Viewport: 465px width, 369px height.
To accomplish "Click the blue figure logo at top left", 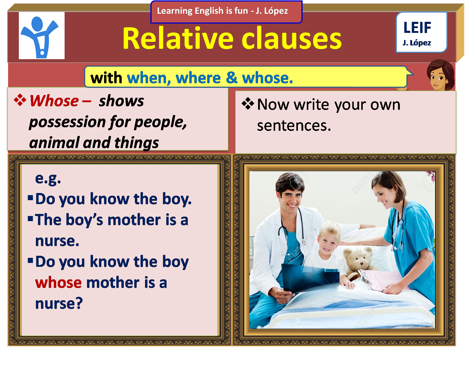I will tap(42, 36).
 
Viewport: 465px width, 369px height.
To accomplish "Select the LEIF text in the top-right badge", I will tap(417, 28).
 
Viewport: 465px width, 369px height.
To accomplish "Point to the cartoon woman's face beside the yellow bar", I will tap(438, 78).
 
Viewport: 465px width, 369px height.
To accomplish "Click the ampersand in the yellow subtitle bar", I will tap(231, 78).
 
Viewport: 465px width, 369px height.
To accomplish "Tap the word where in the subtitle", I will tap(198, 78).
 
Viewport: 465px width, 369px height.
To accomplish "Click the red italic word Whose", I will tap(54, 101).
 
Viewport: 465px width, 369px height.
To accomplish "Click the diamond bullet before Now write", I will tap(248, 104).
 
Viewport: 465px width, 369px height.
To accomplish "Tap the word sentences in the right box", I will tap(294, 125).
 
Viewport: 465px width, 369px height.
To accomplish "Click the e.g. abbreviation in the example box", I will tap(48, 178).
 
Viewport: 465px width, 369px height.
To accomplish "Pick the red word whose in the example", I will tap(58, 283).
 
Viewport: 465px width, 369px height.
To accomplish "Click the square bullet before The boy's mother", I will tap(30, 219).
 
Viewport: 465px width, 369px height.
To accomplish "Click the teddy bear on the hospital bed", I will tap(359, 260).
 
